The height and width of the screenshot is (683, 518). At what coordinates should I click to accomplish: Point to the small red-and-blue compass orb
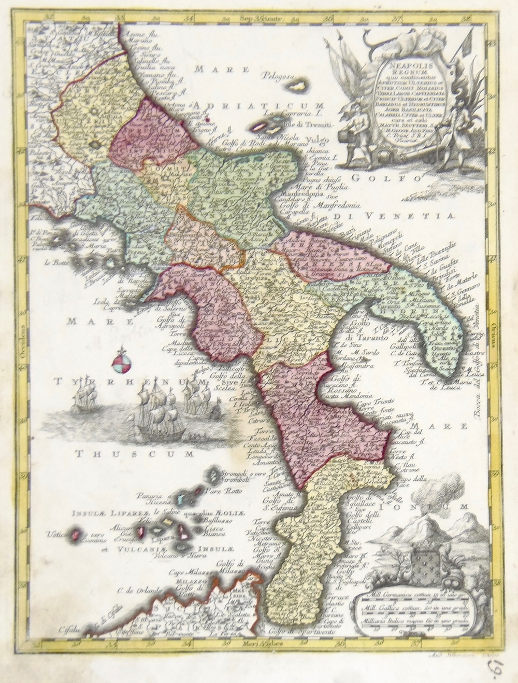point(119,364)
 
